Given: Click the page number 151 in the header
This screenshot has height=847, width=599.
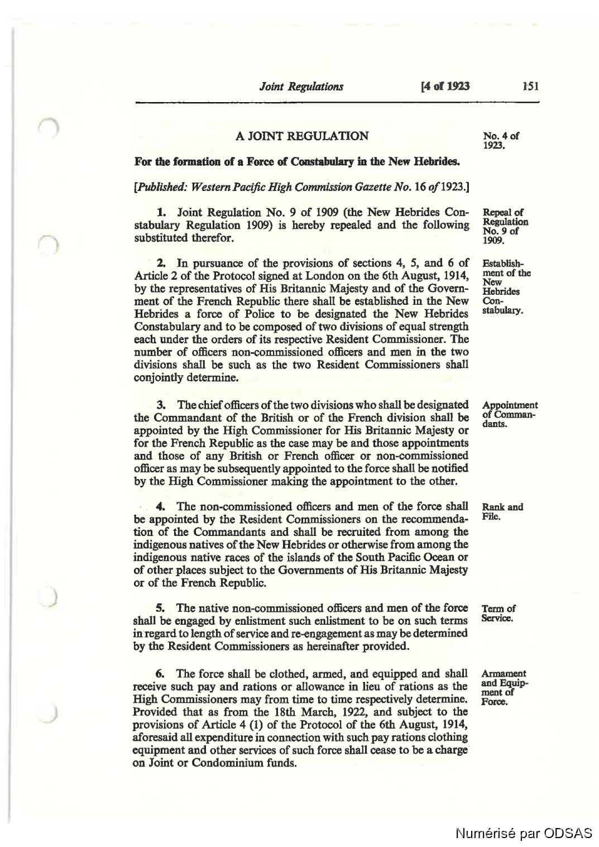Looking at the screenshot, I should (x=530, y=86).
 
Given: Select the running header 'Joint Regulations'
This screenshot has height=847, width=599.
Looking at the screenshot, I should (x=301, y=86).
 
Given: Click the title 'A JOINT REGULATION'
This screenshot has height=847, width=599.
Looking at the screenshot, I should (x=301, y=136).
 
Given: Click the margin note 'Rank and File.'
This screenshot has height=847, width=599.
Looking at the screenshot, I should (x=502, y=511).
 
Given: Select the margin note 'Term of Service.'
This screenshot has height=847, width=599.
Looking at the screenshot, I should (x=498, y=613).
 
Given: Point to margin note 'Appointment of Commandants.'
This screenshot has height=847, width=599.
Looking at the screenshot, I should (x=509, y=414).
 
